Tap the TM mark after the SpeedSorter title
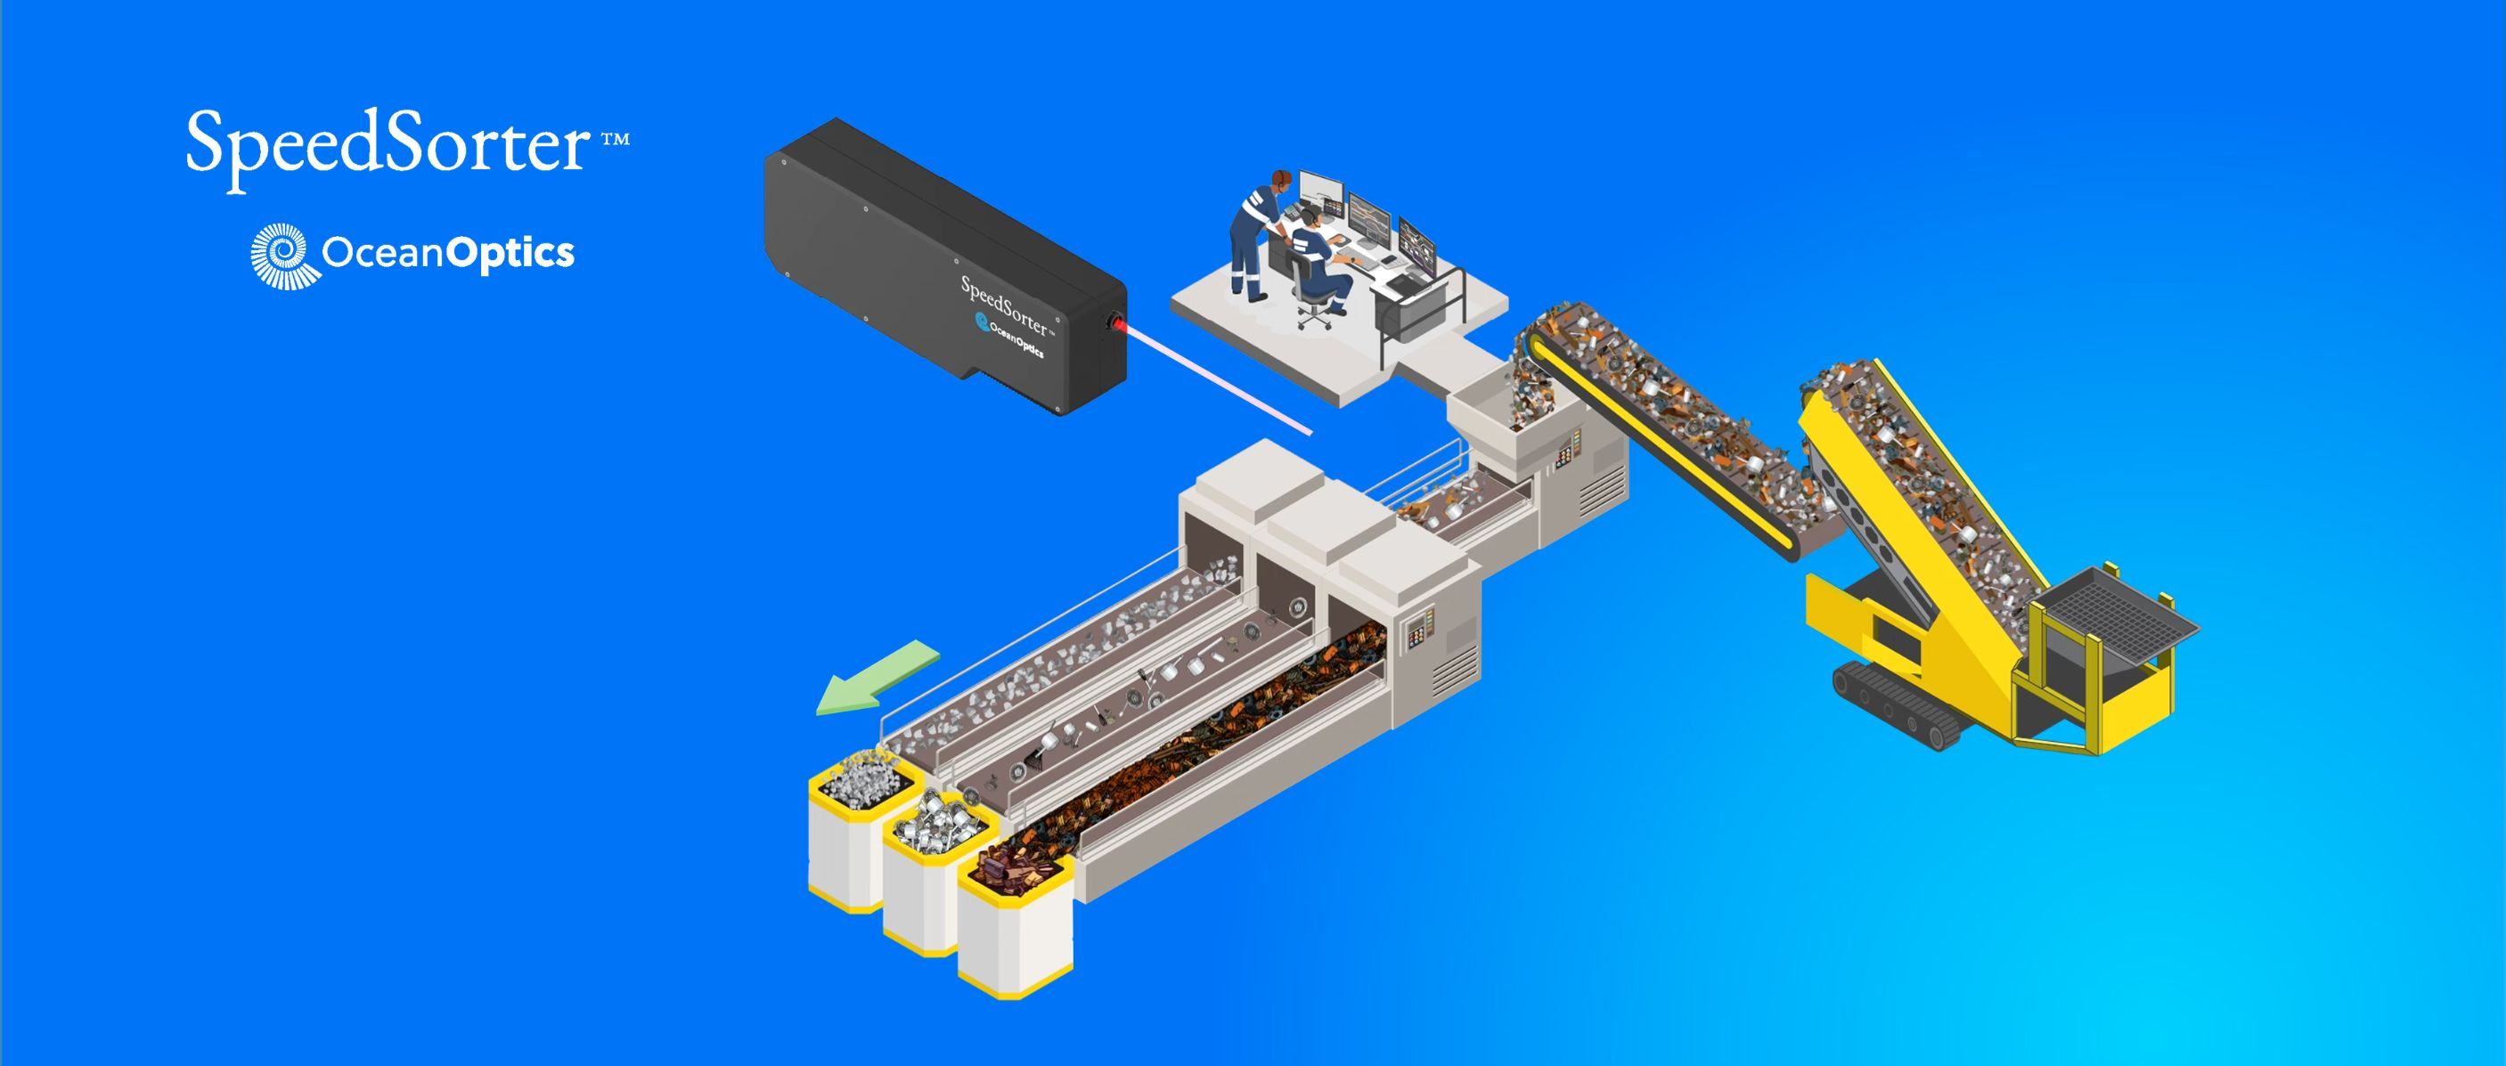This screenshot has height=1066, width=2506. (x=616, y=139)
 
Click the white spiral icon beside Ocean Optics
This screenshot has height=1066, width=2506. (x=279, y=255)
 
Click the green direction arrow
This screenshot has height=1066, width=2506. (x=877, y=677)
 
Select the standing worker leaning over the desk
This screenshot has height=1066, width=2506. (x=1259, y=233)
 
